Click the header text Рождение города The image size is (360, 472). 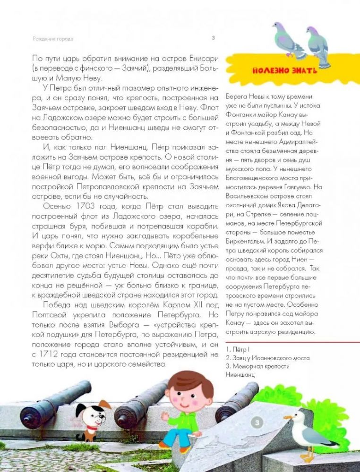tap(53, 39)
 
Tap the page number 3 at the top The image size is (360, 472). tap(213, 38)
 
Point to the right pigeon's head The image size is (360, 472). tap(312, 31)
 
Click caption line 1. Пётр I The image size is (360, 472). tap(238, 349)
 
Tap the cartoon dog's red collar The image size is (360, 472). tap(91, 428)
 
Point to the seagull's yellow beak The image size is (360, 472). tap(287, 417)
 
